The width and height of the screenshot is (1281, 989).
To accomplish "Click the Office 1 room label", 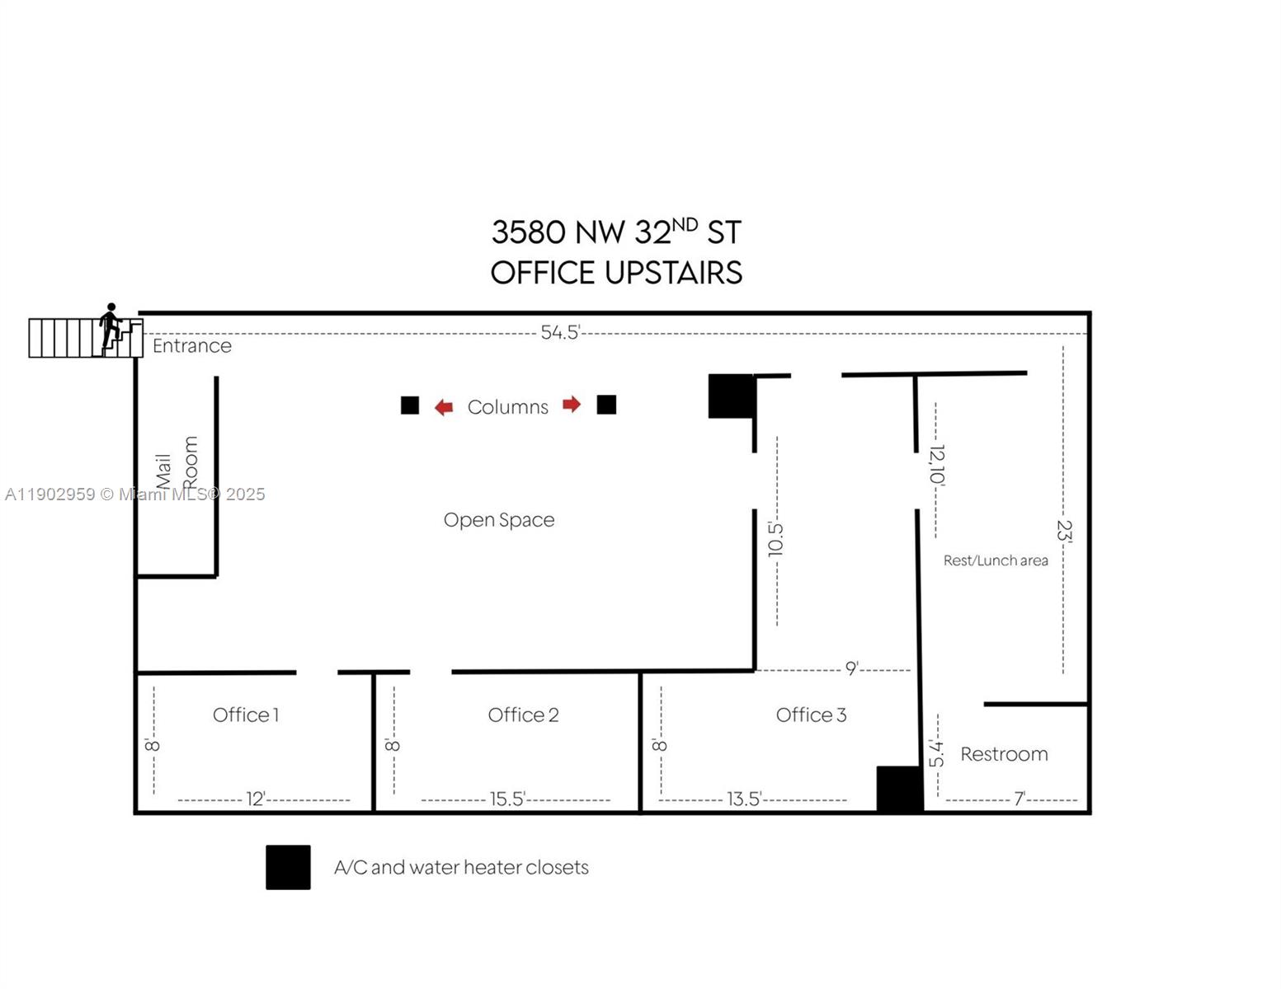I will (246, 715).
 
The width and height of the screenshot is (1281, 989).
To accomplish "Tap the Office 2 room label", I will (523, 715).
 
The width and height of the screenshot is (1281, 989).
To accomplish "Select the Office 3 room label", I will (811, 715).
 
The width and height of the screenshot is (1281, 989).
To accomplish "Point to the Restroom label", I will (1004, 754).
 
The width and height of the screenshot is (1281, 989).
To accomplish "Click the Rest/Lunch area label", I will (996, 560).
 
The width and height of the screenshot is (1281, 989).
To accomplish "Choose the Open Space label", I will (499, 520).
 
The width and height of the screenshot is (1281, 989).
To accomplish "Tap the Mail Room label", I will (177, 464).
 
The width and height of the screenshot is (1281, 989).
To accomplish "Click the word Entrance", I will (191, 345).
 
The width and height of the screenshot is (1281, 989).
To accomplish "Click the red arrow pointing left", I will (444, 407).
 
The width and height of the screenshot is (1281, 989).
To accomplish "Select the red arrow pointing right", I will (572, 404).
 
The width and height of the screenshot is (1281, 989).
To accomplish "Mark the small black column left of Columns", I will (410, 405).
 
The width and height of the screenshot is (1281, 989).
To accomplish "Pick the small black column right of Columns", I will (606, 405).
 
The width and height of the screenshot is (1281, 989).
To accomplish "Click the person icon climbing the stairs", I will (111, 326).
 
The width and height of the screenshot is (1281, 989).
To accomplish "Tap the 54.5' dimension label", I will (560, 332).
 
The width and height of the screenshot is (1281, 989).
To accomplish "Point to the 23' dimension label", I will (1064, 531).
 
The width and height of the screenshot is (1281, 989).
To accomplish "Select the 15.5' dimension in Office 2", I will (507, 799).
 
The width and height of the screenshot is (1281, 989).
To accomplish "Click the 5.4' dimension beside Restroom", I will (936, 752).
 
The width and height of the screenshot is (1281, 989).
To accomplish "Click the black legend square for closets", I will (288, 867).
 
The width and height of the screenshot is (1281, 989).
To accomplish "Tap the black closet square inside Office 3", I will (899, 789).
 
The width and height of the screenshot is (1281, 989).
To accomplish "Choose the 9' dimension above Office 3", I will (851, 668).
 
